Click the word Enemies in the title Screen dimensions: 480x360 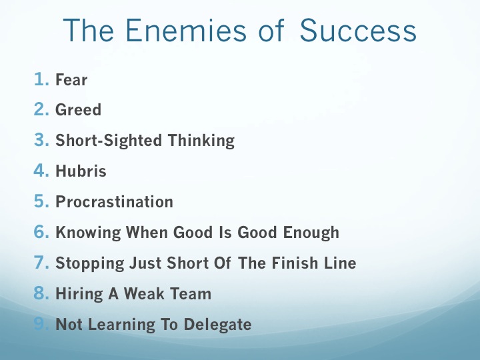(186, 30)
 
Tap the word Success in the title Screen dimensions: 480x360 (358, 30)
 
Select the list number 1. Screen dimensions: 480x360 (41, 79)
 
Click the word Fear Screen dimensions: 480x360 (71, 79)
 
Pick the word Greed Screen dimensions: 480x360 (78, 109)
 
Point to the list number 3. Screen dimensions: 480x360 (41, 140)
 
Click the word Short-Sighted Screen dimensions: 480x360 (109, 141)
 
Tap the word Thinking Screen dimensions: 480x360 (201, 141)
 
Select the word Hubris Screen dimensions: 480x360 (81, 171)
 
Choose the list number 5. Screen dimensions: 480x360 (41, 201)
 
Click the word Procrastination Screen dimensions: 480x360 (114, 202)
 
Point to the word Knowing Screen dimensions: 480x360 (88, 233)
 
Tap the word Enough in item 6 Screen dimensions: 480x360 (311, 233)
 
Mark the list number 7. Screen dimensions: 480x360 (41, 263)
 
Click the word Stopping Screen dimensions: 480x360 (90, 263)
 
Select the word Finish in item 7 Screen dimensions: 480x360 (295, 263)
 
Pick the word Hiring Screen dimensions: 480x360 (79, 294)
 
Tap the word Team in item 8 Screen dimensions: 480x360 (190, 293)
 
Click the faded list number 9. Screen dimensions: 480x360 (41, 323)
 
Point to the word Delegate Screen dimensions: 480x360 (217, 325)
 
